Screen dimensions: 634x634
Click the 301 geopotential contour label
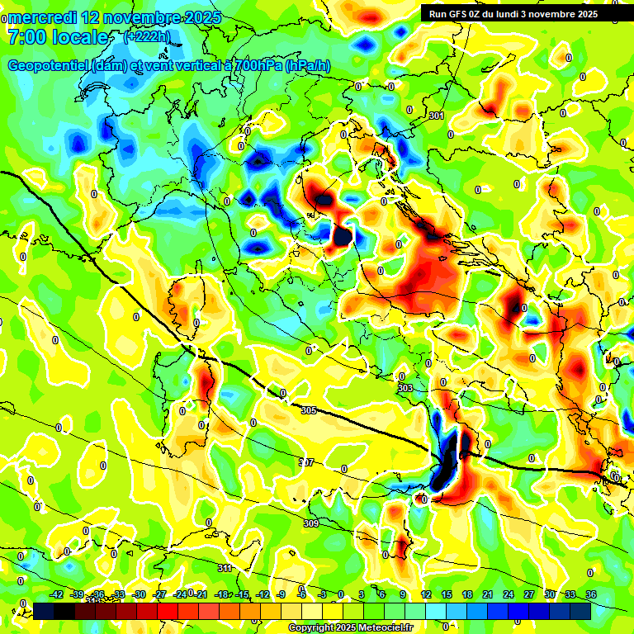tap(436, 116)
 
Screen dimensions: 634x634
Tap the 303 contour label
tap(405, 388)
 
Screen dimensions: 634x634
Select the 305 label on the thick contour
tap(309, 410)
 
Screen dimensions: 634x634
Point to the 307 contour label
tap(305, 462)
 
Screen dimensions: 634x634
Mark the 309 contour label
tap(311, 524)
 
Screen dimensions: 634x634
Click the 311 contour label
tap(225, 569)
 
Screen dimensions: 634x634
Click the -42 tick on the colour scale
tap(57, 594)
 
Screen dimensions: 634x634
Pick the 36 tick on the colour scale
tap(590, 594)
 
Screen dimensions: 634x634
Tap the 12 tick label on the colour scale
tap(425, 594)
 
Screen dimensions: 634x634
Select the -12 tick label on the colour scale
tap(263, 594)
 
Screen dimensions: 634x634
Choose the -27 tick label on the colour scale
tap(160, 594)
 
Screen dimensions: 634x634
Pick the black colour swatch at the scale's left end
tap(45, 611)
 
